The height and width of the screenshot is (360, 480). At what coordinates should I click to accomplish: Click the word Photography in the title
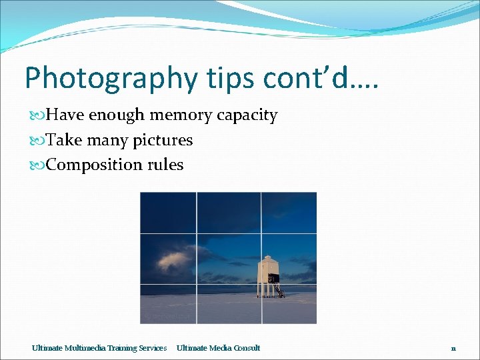(111, 79)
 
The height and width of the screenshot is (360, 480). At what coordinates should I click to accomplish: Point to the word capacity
(247, 116)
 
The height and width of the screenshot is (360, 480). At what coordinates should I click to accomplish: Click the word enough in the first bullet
(117, 115)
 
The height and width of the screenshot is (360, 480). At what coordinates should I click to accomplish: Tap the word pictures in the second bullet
(162, 141)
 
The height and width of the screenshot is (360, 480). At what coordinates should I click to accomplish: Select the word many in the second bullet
(105, 141)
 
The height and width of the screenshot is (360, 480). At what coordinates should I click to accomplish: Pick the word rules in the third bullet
(165, 165)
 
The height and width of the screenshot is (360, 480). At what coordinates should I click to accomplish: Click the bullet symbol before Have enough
(38, 116)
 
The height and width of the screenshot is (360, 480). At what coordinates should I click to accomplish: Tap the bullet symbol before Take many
(38, 141)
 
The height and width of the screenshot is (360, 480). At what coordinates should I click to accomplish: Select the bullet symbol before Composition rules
(38, 165)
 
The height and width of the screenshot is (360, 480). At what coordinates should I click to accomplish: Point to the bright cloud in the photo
(175, 257)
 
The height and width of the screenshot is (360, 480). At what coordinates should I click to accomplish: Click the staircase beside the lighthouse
(279, 291)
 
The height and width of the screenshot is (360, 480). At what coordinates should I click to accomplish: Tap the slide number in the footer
(453, 348)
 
